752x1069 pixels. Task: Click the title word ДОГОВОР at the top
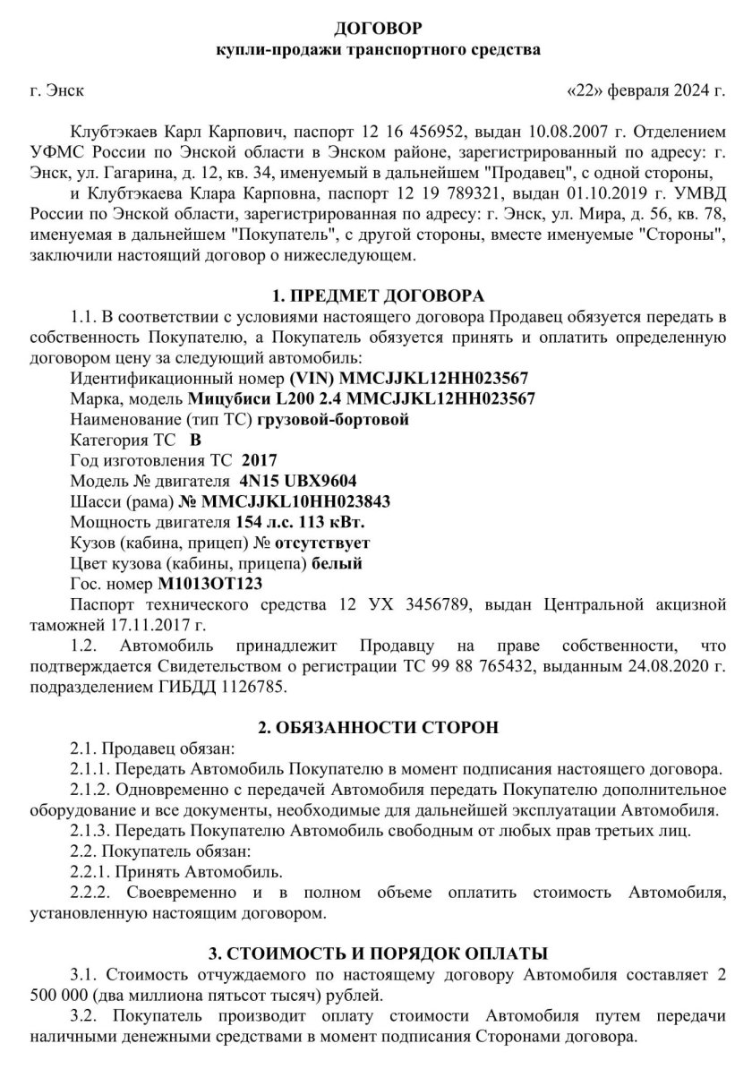point(376,30)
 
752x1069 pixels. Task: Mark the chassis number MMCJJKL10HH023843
point(295,500)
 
